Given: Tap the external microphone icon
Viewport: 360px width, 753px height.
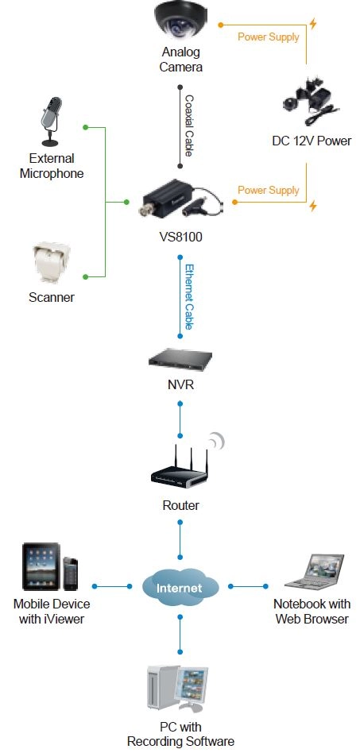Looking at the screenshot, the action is (x=51, y=122).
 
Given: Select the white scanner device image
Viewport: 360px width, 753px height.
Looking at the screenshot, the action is (x=51, y=264).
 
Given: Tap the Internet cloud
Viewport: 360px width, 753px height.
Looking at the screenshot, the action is (x=180, y=586).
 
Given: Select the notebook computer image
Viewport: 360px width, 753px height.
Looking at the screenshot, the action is (x=315, y=571).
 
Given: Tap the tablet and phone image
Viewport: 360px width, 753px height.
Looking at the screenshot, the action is (x=50, y=566).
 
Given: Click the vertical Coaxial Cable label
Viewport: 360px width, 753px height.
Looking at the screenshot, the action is (x=189, y=125).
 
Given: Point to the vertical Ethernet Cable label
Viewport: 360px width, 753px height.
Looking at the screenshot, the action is (x=189, y=296).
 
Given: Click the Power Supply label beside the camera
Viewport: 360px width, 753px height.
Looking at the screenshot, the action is (x=268, y=37).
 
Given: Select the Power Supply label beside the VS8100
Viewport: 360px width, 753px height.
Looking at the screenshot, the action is (x=268, y=190).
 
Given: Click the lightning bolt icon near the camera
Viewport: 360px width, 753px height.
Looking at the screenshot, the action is (x=313, y=24).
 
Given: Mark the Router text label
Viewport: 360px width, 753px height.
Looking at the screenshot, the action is (x=180, y=505).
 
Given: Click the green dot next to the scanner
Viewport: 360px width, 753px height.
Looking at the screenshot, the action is (x=86, y=276).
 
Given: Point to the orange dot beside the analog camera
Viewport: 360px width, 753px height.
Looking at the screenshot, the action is (x=221, y=24).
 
